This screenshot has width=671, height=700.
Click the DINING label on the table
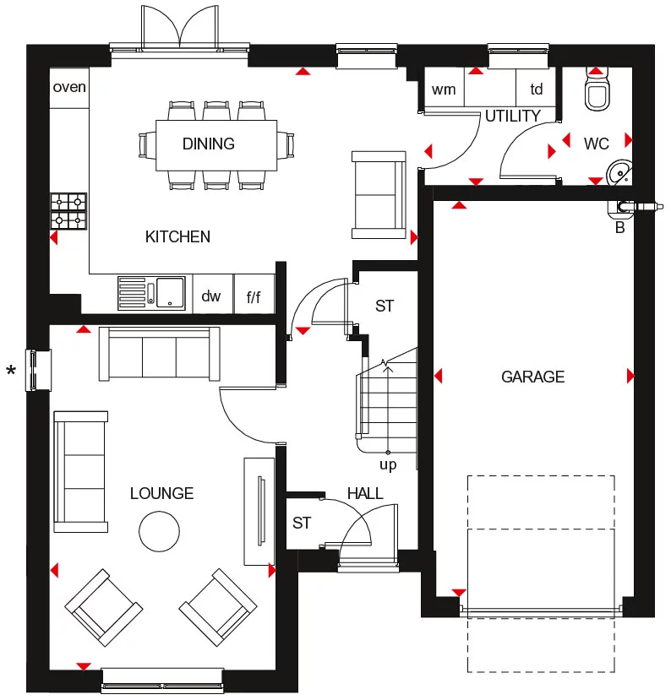[209, 144]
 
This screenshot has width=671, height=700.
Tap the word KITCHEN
[177, 236]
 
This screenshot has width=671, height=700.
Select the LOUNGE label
[161, 493]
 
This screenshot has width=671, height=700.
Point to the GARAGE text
[532, 377]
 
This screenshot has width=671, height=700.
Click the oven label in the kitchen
[69, 87]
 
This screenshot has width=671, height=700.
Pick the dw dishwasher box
[211, 296]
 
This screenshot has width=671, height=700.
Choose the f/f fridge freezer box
[254, 296]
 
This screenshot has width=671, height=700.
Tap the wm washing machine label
[443, 89]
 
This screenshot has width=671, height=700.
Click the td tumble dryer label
[537, 89]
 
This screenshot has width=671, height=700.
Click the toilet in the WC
[597, 93]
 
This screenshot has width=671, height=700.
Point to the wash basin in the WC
[621, 172]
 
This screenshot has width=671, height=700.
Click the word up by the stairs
[387, 464]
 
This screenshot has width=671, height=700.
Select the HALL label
[365, 493]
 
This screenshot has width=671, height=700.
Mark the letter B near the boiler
[619, 227]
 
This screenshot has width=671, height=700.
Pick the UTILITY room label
[512, 116]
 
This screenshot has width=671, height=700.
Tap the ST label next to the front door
[302, 523]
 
